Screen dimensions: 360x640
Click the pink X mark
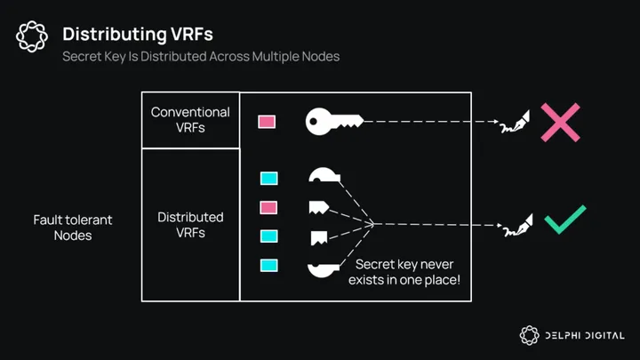coord(560,122)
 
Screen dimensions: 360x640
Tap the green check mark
coord(564,220)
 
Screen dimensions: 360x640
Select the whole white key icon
coord(332,122)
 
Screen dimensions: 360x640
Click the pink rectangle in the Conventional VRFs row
coord(267,122)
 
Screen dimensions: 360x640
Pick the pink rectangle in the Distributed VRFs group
coord(268,207)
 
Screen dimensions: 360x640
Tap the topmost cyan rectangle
coord(268,179)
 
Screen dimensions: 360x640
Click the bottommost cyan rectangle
coord(268,265)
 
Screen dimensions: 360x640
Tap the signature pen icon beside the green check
coord(516,226)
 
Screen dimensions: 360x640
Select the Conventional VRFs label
coord(190,120)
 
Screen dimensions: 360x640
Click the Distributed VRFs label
coord(190,225)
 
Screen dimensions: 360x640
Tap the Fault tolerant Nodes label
coord(73,228)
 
